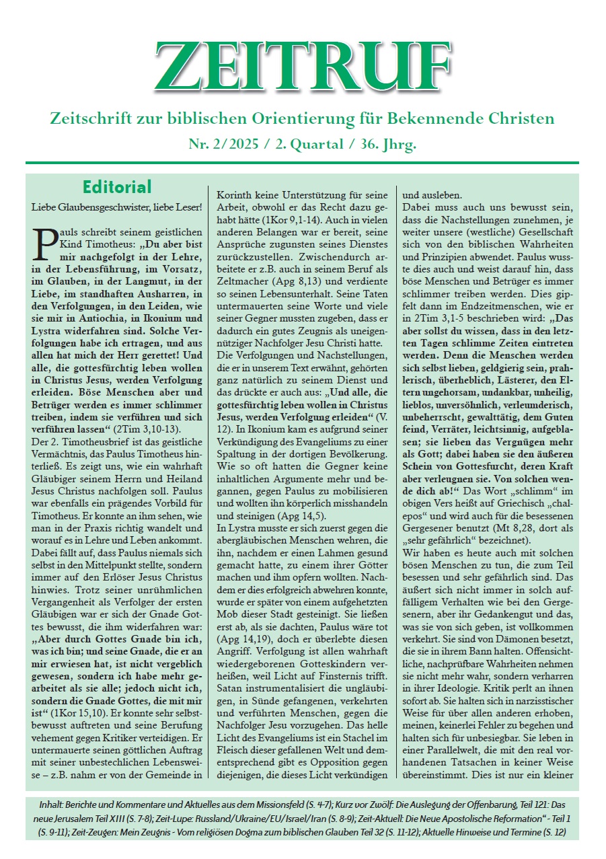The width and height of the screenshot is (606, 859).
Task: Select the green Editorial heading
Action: pos(117,187)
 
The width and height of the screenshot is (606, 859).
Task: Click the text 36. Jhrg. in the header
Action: pos(385,143)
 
